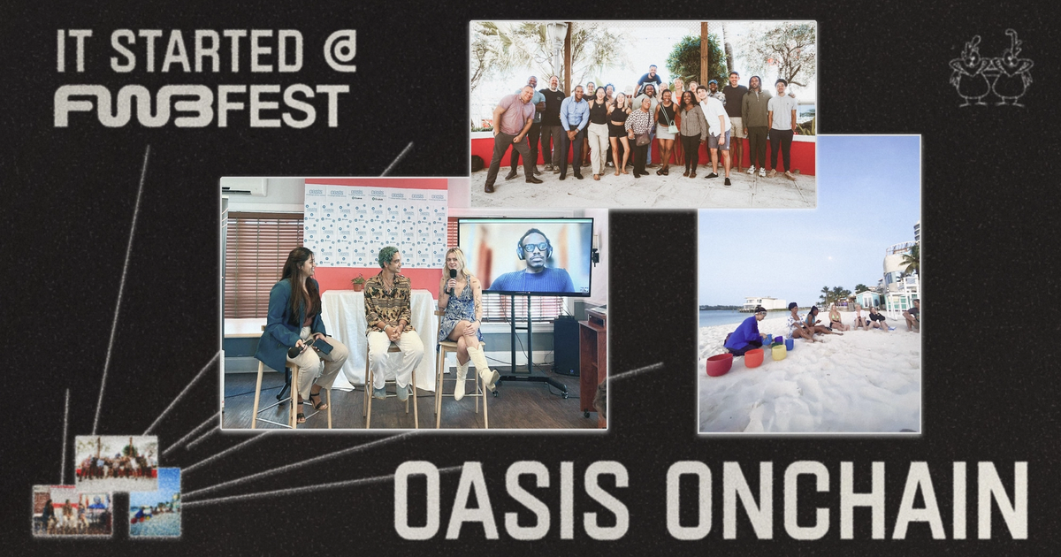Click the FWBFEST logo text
(x=202, y=106)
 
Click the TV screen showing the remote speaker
(x=525, y=256)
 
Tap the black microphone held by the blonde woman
(x=453, y=281)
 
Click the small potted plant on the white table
(x=358, y=283)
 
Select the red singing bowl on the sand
(x=719, y=363)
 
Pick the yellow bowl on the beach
(x=778, y=352)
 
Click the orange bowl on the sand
(x=753, y=357)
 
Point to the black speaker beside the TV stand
(x=566, y=345)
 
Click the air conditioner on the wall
(x=244, y=187)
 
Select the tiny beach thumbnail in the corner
(x=155, y=502)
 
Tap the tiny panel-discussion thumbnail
(x=73, y=511)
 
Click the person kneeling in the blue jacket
(x=744, y=332)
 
